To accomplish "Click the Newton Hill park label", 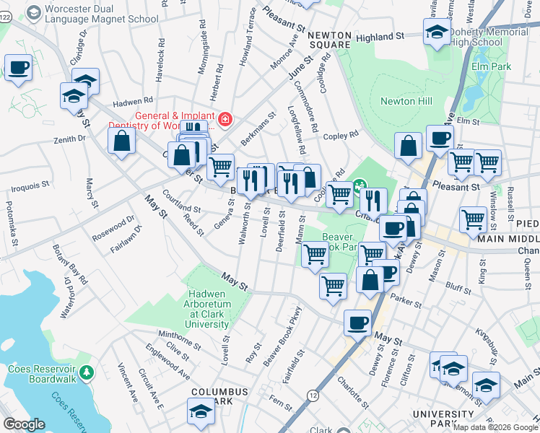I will [x=406, y=101].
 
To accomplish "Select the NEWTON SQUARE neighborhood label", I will [x=329, y=40].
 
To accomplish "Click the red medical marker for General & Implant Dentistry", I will [x=225, y=119].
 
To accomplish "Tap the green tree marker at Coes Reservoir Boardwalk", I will [x=87, y=373].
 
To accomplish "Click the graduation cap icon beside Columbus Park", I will [x=201, y=412].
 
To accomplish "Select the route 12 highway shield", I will [x=312, y=395].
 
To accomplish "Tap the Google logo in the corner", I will [x=24, y=424].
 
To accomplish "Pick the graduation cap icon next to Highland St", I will [x=435, y=32].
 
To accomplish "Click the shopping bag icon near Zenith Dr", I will [x=121, y=141].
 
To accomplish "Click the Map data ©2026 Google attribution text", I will [x=495, y=427].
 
